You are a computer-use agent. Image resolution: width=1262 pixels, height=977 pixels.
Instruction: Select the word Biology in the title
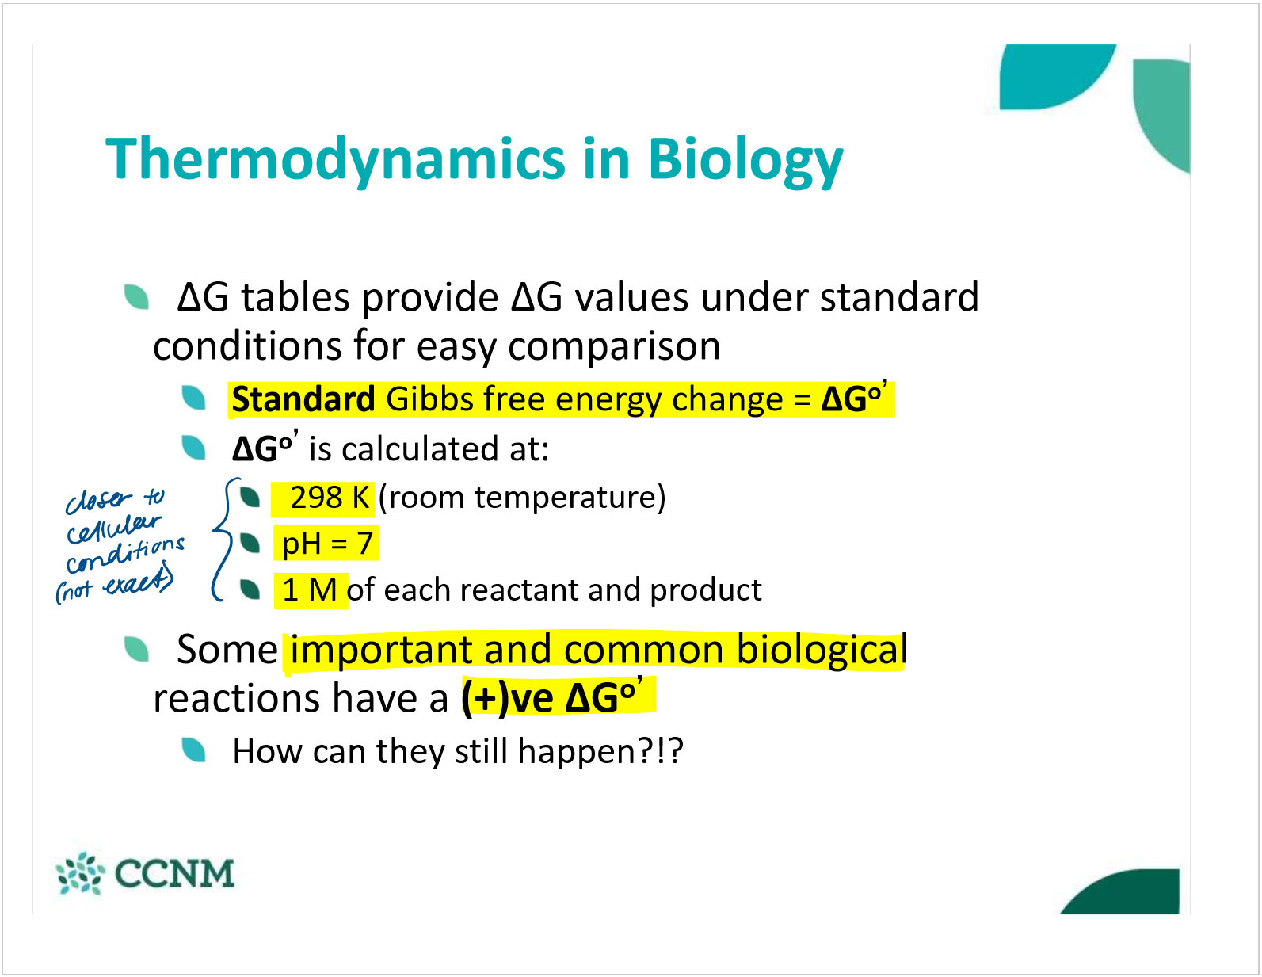click(x=745, y=160)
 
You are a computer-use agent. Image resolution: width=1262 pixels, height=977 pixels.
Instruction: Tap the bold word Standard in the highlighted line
click(x=303, y=399)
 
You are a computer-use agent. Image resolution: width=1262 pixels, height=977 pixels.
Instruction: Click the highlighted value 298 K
click(x=330, y=497)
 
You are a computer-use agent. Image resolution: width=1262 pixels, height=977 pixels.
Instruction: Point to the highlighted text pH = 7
click(x=327, y=544)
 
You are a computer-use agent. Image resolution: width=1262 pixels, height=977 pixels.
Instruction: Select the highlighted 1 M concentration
click(x=310, y=590)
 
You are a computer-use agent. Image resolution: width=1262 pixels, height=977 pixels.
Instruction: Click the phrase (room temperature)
click(x=522, y=498)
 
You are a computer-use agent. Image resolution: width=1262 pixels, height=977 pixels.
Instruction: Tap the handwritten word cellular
click(x=113, y=528)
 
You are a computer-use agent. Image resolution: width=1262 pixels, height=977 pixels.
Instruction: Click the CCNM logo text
click(x=175, y=873)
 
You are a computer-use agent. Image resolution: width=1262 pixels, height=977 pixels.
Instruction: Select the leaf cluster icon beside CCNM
click(x=80, y=873)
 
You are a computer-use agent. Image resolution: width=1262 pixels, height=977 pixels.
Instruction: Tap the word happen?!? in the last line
click(x=600, y=752)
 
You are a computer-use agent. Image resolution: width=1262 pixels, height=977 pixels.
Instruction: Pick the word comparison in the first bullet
click(x=614, y=347)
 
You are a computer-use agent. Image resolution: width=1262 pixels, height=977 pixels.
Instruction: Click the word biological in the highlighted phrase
click(x=822, y=650)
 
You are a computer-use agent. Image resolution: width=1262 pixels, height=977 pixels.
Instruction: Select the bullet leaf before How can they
click(x=193, y=750)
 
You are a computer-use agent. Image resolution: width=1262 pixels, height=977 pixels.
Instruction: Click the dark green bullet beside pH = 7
click(x=250, y=543)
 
